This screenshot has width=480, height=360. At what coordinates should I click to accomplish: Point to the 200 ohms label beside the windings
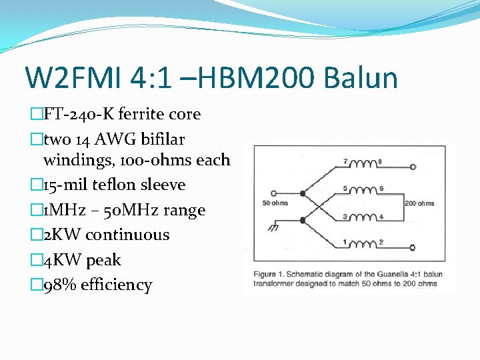coord(419,203)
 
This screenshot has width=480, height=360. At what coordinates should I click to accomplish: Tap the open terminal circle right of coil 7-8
coord(413,164)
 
